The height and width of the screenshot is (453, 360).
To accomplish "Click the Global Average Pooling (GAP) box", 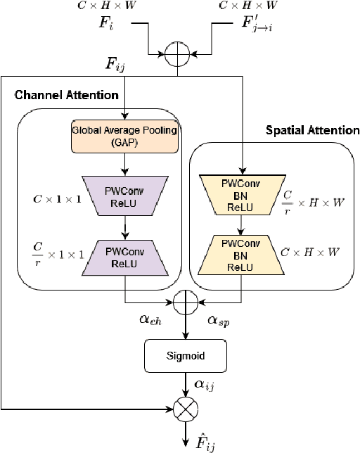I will coord(124,134).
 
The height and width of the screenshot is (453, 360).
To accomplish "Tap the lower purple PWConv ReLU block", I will coord(124,254).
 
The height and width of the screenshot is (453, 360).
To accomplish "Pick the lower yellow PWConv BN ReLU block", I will coord(241,254).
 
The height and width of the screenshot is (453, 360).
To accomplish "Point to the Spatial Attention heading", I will coord(312,130).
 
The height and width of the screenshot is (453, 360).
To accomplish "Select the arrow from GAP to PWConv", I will coord(124,165).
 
